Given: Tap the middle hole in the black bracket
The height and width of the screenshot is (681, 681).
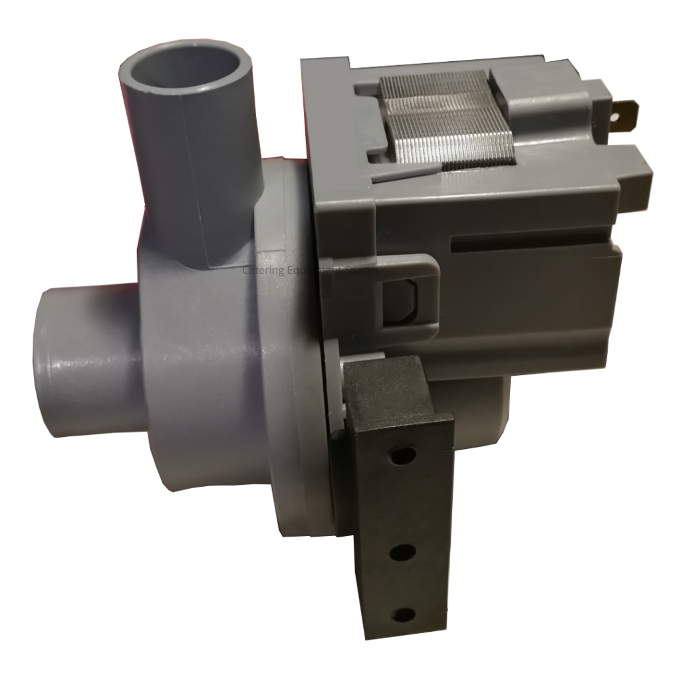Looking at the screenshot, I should click(402, 551).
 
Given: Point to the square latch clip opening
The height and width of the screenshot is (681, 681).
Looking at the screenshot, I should click(401, 299).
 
